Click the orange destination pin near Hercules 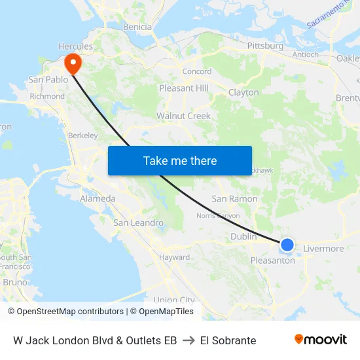click(x=72, y=63)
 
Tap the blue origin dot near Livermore click(x=287, y=245)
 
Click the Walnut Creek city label click(x=183, y=116)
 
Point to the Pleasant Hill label click(x=184, y=88)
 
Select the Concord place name click(x=196, y=71)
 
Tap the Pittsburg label click(x=265, y=46)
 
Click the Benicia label click(x=137, y=27)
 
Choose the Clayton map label click(x=243, y=93)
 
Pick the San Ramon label click(x=234, y=199)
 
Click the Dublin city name click(x=243, y=237)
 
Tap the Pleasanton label click(x=273, y=260)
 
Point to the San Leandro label click(x=139, y=223)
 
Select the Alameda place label click(x=98, y=198)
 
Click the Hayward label click(x=174, y=257)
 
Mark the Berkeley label click(x=82, y=135)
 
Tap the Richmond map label click(x=47, y=96)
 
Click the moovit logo click(x=321, y=340)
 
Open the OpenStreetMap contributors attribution click(x=70, y=312)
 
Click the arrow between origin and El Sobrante click(x=189, y=340)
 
